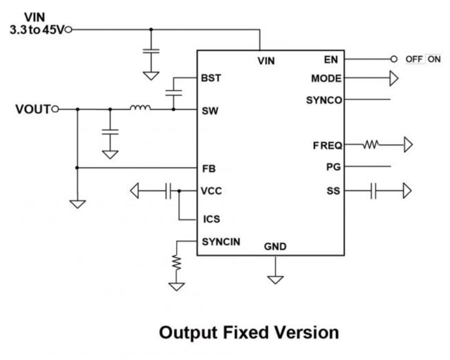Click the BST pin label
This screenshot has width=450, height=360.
(211, 78)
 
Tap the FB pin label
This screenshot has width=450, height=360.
(209, 169)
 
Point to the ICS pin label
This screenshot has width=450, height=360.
(210, 219)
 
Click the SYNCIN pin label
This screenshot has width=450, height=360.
(221, 242)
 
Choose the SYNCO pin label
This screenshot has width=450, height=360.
(324, 100)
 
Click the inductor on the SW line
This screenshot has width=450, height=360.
(140, 107)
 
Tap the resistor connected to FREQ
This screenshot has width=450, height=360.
(371, 145)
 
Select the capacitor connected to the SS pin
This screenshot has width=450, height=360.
(373, 191)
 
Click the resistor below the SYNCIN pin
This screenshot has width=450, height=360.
(176, 262)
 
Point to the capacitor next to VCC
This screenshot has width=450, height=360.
(168, 191)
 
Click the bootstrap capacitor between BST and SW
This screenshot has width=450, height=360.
(174, 93)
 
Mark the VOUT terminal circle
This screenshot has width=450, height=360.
(56, 109)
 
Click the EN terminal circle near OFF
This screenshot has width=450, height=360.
(394, 59)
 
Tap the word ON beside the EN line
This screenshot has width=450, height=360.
(434, 59)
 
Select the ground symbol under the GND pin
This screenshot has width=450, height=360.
(275, 279)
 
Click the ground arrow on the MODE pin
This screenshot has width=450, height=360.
(394, 78)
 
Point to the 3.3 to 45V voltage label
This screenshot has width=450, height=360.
(37, 29)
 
